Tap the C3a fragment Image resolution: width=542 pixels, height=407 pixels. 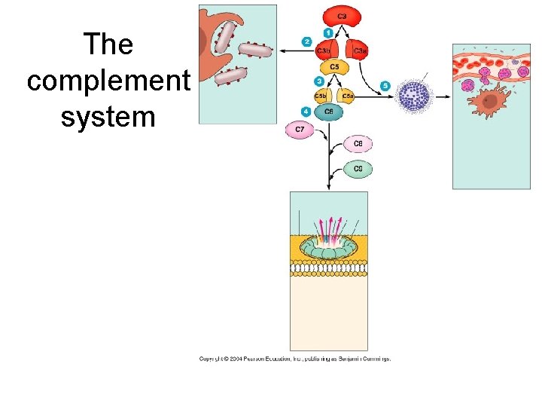357,50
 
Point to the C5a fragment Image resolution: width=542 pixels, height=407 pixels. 346,95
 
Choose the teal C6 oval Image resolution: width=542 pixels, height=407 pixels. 327,112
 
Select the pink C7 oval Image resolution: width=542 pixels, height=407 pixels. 300,130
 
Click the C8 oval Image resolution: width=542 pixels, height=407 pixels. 358,143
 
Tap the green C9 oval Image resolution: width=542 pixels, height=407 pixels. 358,169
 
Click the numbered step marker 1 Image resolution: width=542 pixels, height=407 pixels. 328,32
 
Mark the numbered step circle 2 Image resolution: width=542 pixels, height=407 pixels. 306,41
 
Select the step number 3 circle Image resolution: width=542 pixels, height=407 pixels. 320,81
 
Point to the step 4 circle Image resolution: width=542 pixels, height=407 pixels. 306,111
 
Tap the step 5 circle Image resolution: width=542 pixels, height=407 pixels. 385,85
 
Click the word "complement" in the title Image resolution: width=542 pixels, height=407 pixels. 108,81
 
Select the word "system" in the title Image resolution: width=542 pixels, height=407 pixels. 108,117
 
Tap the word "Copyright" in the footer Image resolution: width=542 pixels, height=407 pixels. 215,359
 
